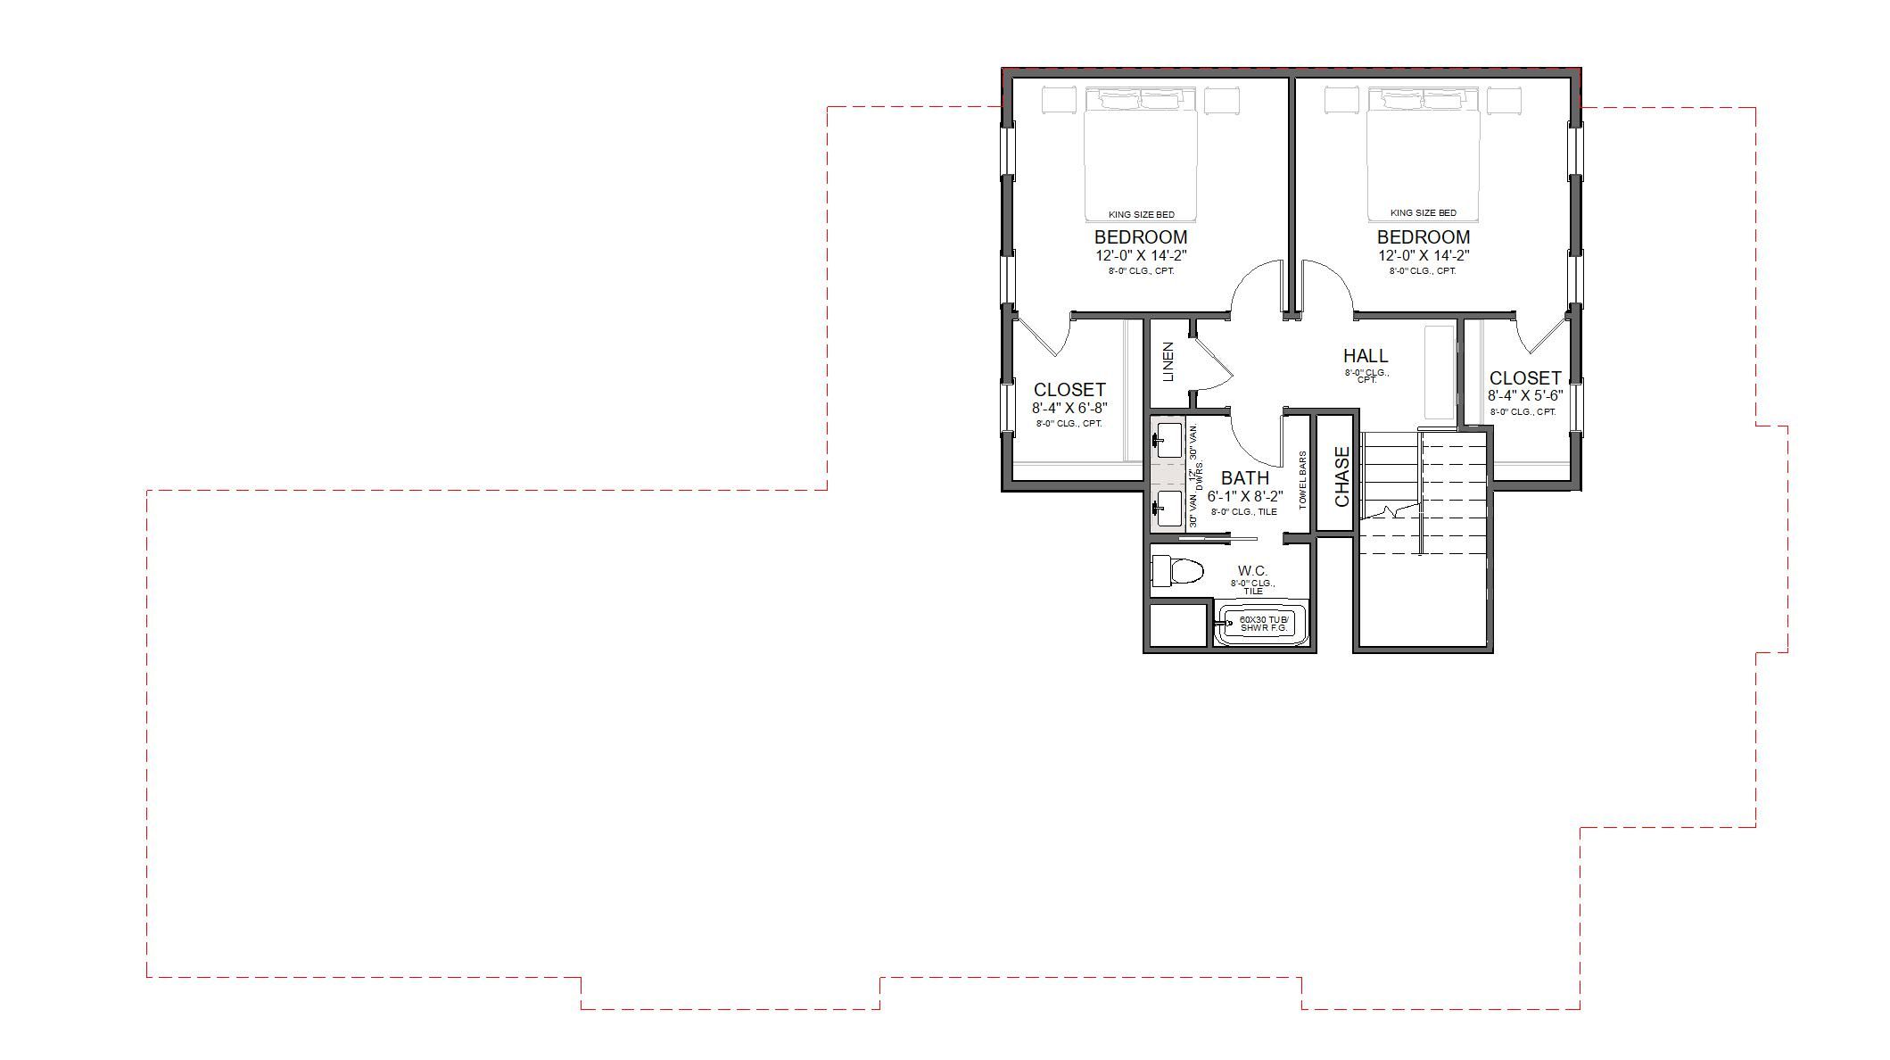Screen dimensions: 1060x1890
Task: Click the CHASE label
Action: [x=1341, y=477]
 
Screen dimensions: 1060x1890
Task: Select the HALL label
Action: [x=1366, y=356]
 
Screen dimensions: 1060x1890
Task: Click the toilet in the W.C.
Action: [x=1177, y=571]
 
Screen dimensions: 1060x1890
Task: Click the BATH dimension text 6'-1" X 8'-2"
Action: [x=1245, y=496]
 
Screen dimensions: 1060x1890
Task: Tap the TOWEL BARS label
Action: [x=1303, y=480]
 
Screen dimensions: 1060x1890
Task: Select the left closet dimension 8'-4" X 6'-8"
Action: [x=1069, y=408]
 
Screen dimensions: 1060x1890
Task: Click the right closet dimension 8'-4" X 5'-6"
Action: [x=1525, y=395]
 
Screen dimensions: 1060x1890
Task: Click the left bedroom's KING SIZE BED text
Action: [x=1141, y=214]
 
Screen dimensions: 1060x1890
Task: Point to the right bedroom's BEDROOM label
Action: [x=1423, y=237]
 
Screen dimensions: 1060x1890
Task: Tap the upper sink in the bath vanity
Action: [x=1168, y=440]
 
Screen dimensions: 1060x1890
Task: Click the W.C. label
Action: [x=1252, y=571]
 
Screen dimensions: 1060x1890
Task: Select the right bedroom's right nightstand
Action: [x=1504, y=100]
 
